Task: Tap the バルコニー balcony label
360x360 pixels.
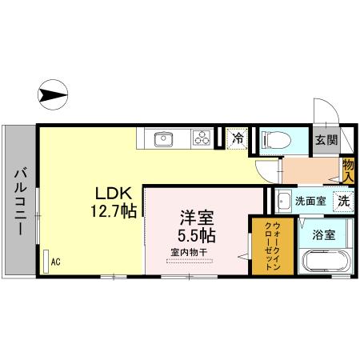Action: point(18,199)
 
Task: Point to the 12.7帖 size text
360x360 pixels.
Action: point(113,210)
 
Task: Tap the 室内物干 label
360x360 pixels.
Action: point(188,254)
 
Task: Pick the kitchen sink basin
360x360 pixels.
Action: point(162,138)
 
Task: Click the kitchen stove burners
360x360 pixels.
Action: point(200,138)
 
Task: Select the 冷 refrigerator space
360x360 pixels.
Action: point(238,138)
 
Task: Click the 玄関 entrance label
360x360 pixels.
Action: point(324,140)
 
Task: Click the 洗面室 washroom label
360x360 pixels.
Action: point(310,202)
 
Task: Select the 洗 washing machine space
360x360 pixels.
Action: point(342,202)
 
